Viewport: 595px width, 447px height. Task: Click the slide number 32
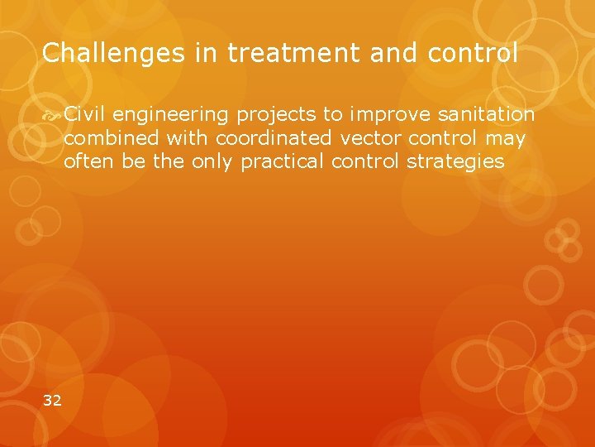pos(52,401)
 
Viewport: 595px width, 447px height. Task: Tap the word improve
pos(384,114)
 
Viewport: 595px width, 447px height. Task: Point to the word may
pos(506,138)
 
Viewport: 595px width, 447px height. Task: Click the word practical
pos(283,161)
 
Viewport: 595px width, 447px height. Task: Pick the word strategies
pos(455,161)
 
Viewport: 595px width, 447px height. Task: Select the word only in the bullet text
pos(213,161)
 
